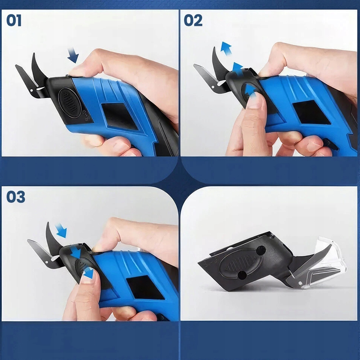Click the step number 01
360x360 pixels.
[x=14, y=20]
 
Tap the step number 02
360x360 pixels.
[x=193, y=20]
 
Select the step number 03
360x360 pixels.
[x=15, y=197]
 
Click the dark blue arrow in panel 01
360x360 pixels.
[x=73, y=55]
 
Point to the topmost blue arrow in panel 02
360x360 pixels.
[x=226, y=49]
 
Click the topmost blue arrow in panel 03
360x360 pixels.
[x=61, y=230]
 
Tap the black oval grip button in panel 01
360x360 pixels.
[x=69, y=103]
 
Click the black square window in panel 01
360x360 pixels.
[x=120, y=116]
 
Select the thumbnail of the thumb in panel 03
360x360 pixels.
[x=88, y=275]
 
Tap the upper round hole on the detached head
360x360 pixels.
[x=261, y=250]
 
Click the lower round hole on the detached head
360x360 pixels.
[x=242, y=275]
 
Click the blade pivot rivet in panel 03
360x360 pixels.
[x=46, y=262]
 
